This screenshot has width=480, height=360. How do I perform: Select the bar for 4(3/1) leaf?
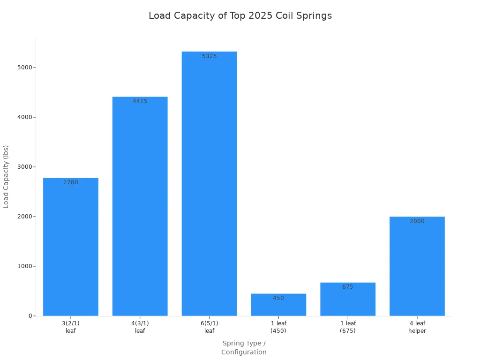(140, 206)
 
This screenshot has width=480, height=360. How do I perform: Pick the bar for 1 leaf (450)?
(278, 307)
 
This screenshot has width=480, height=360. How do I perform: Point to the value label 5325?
(209, 56)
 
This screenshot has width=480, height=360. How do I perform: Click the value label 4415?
(140, 101)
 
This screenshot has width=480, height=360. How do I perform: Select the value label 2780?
(71, 182)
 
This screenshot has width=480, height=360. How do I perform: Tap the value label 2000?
(417, 221)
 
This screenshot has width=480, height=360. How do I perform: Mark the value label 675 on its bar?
(348, 287)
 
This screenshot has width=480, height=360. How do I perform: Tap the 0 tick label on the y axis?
(30, 316)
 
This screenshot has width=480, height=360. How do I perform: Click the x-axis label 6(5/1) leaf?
(209, 327)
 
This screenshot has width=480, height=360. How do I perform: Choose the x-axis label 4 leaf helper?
(417, 327)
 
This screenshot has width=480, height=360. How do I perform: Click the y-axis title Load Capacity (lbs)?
(6, 177)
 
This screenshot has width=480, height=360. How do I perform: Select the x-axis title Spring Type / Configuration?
(244, 348)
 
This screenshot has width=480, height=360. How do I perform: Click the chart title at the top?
(240, 16)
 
